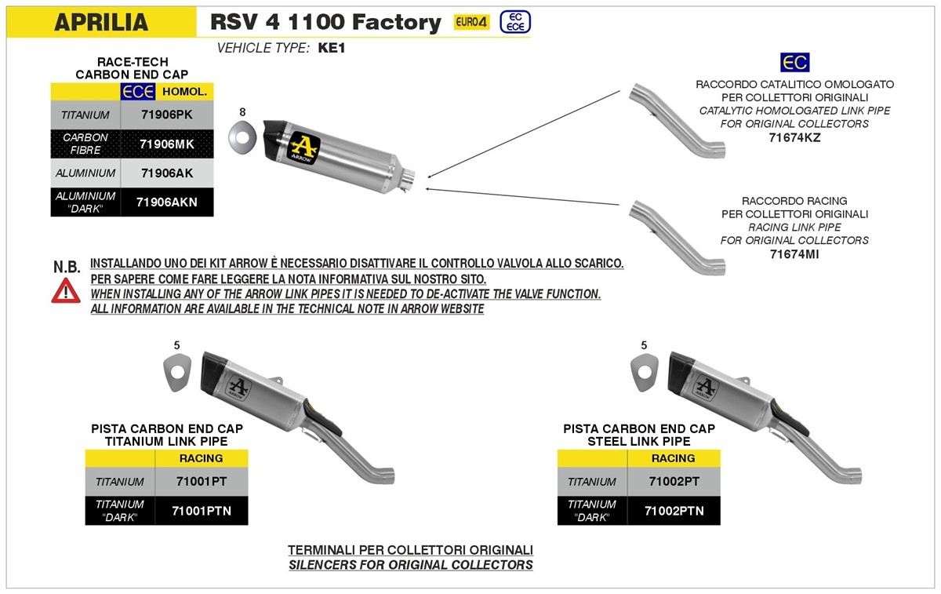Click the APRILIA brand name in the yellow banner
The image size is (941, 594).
101,22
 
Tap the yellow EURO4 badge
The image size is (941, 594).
471,22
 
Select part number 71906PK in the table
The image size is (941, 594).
167,115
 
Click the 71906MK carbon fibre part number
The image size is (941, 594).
167,144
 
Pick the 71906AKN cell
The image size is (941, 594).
167,202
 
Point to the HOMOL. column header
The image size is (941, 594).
185,92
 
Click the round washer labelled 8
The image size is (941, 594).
242,137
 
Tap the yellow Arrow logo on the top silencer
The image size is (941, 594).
303,148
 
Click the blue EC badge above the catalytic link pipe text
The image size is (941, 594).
795,62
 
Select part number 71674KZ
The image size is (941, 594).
794,138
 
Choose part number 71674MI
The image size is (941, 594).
794,254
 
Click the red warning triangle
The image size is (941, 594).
66,291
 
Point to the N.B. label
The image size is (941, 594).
67,267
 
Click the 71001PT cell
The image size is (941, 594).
202,481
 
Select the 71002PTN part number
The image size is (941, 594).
674,511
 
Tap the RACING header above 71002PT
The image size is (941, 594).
674,458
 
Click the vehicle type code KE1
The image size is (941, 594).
332,48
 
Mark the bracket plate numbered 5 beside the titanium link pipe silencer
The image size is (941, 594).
177,372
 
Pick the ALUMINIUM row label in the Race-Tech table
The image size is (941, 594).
85,173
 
